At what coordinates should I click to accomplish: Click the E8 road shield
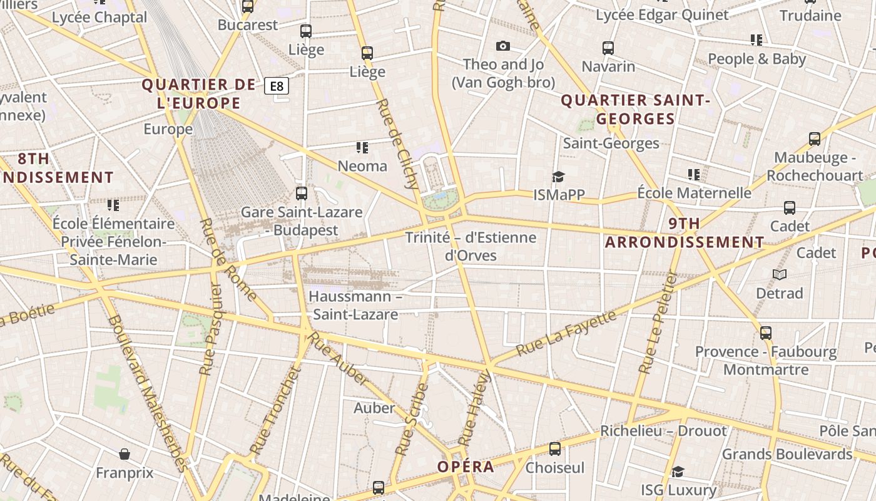[277, 86]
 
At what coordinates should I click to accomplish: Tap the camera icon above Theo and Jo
[502, 46]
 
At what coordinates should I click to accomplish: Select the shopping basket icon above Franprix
[125, 453]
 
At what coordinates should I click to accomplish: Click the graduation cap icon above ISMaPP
[558, 177]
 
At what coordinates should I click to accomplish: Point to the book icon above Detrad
[780, 274]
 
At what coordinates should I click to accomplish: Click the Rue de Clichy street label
[398, 143]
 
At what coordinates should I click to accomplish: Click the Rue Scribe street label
[412, 418]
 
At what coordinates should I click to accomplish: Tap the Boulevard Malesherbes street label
[147, 393]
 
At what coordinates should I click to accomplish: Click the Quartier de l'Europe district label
[199, 94]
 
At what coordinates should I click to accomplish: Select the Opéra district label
[466, 467]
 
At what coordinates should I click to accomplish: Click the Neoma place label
[362, 166]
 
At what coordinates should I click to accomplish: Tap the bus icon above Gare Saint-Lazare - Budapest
[302, 193]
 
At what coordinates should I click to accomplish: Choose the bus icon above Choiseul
[555, 448]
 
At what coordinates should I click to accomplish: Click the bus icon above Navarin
[608, 48]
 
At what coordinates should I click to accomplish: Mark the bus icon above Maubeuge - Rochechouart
[815, 139]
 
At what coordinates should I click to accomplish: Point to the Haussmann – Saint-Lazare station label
[355, 305]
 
